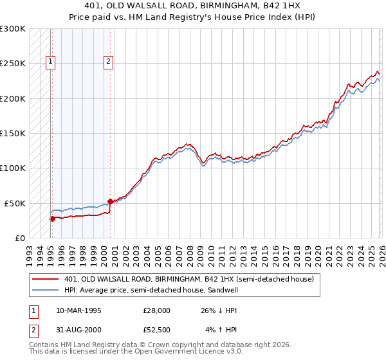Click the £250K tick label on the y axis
coord(13,64)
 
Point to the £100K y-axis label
coord(13,168)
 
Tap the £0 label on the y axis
coord(20,238)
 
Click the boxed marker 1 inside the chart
coord(51,62)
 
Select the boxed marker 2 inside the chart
coord(108,62)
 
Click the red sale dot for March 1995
coord(52,219)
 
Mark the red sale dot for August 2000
coord(110,201)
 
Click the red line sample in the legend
coord(45,280)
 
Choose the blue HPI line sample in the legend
coord(45,291)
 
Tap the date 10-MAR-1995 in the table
coord(78,310)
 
